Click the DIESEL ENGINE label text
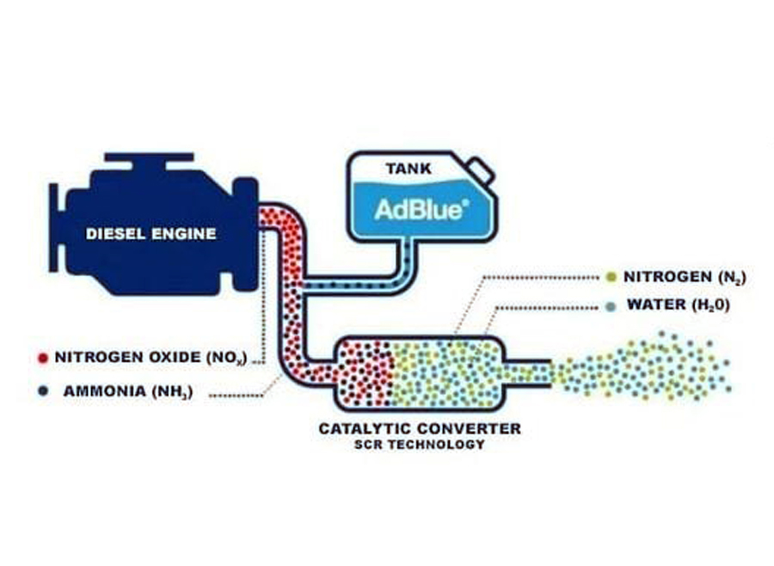point(151,233)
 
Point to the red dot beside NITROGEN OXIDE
point(41,356)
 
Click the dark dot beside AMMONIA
point(41,391)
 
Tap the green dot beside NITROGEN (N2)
point(611,277)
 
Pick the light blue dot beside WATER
point(611,305)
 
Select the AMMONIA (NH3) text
point(126,391)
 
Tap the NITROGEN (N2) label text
point(684,277)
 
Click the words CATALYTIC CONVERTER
point(420,428)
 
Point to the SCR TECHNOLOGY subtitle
point(420,445)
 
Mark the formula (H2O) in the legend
point(709,305)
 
